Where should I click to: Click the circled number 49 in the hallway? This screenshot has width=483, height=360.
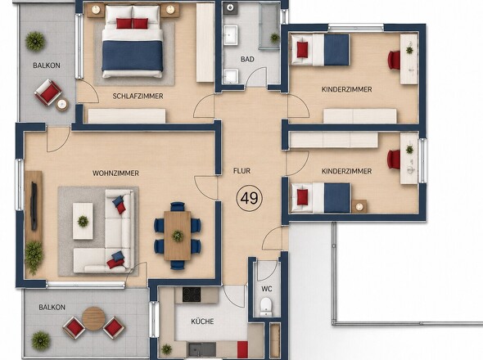(x=249, y=198)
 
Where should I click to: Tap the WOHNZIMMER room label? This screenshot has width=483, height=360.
(x=115, y=173)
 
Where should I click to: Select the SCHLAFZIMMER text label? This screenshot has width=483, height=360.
(x=138, y=96)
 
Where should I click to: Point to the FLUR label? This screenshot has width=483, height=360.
(x=241, y=171)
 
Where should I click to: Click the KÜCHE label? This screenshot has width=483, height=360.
(x=202, y=322)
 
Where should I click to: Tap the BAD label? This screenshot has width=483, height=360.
(x=247, y=59)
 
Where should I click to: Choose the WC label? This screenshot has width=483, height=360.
(x=267, y=289)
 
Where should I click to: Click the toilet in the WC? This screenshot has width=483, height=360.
(x=265, y=306)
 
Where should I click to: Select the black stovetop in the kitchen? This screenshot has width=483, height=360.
(x=192, y=295)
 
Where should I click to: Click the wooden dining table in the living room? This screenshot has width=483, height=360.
(x=177, y=236)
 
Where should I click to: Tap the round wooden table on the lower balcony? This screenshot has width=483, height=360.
(x=93, y=318)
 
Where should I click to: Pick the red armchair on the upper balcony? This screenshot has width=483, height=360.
(x=48, y=92)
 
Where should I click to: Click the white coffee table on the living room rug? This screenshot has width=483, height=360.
(x=83, y=221)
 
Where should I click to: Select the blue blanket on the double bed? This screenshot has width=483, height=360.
(x=133, y=56)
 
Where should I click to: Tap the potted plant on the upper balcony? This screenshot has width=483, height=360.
(x=35, y=41)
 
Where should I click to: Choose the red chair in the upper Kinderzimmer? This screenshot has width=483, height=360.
(x=395, y=60)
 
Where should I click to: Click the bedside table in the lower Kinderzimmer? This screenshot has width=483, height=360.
(x=359, y=206)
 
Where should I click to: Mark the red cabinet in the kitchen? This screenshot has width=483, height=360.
(x=242, y=349)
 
